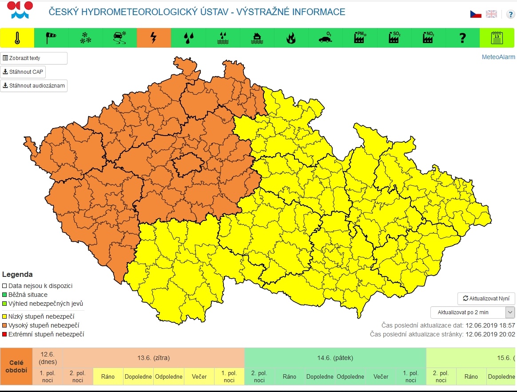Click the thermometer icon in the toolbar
tap(17, 38)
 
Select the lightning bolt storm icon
tap(154, 38)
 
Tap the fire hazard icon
tap(291, 38)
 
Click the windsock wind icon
tap(52, 38)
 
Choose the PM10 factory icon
tap(360, 38)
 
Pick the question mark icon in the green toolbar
tap(462, 38)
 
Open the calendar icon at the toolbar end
tap(497, 38)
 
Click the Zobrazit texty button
tap(34, 58)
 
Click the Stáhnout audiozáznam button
tap(34, 86)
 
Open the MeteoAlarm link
tap(498, 57)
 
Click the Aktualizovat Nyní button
tap(486, 299)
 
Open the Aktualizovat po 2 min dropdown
tap(472, 312)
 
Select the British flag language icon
tap(491, 14)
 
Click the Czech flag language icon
tap(476, 14)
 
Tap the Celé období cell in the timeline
tap(16, 367)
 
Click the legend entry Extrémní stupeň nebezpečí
tap(46, 334)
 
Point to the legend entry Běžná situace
tap(28, 295)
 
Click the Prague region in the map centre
tap(187, 166)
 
